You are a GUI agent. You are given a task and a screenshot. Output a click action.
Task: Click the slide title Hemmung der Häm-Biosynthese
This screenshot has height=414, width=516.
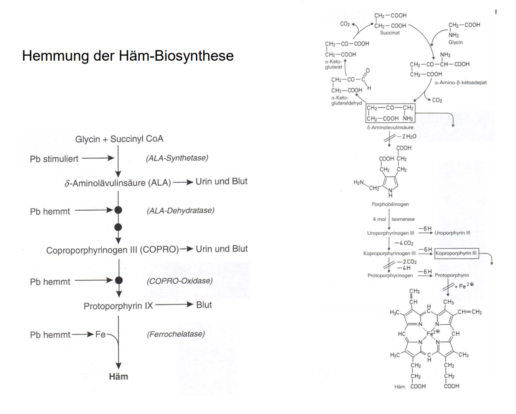point(128,56)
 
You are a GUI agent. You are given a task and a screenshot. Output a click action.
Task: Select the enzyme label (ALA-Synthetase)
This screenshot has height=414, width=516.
point(177,158)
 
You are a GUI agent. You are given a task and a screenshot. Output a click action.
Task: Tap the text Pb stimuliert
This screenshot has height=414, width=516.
point(54,159)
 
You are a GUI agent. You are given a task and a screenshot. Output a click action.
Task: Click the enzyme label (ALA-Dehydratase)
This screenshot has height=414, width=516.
point(180,211)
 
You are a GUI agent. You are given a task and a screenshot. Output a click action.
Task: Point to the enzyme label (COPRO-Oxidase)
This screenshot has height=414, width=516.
point(179,281)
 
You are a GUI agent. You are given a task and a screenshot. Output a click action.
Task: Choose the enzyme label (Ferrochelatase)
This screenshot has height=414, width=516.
point(176,334)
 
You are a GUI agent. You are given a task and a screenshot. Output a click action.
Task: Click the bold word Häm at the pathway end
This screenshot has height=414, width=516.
point(118,377)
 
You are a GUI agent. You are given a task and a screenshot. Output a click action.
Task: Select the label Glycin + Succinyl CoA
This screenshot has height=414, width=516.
point(119,139)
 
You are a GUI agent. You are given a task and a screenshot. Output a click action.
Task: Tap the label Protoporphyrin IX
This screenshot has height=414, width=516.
point(118,306)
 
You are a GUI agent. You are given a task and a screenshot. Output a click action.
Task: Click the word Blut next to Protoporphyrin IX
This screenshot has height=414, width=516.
point(204,305)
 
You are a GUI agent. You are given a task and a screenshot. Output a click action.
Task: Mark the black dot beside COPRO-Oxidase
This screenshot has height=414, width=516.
point(119,280)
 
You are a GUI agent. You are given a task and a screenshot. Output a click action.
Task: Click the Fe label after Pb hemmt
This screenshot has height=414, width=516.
point(101,335)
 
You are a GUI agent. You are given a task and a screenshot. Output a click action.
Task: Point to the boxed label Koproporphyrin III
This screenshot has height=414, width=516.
point(456,254)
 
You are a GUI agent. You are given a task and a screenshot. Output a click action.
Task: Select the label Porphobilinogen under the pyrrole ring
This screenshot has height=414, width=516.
point(390,204)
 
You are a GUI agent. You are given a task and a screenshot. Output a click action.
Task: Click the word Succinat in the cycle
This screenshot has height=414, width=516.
point(390,33)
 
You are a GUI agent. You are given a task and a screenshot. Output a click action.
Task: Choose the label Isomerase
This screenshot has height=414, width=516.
point(403,219)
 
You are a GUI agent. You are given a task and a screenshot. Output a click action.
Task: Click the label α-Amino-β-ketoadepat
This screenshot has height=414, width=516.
point(460,83)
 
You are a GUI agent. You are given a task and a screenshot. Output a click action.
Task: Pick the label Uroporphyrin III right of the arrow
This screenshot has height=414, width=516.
point(452,233)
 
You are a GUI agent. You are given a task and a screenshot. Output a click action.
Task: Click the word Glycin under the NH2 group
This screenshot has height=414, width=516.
point(455,43)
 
